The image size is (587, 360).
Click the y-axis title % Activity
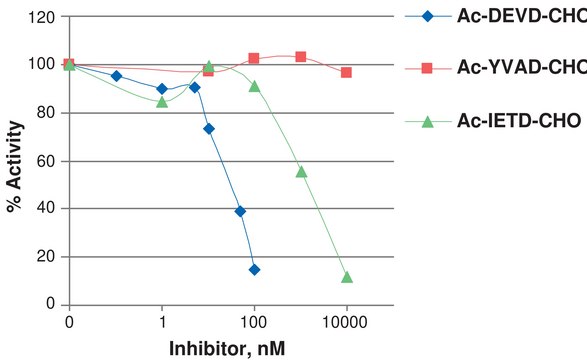(x=17, y=160)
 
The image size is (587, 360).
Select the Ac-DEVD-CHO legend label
(x=520, y=15)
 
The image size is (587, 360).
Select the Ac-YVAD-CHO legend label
(x=520, y=68)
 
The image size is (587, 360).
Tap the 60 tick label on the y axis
(x=42, y=161)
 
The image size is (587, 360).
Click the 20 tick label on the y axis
(x=42, y=257)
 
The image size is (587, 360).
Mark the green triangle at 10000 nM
(x=347, y=277)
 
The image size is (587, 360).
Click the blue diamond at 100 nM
(x=254, y=269)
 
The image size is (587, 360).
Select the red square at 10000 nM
(x=346, y=72)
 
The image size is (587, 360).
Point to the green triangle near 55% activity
(x=301, y=171)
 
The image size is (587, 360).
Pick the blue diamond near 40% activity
(x=240, y=211)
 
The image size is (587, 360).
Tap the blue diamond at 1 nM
(x=162, y=88)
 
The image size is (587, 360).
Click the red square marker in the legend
(x=427, y=68)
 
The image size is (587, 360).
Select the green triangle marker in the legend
(x=427, y=121)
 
